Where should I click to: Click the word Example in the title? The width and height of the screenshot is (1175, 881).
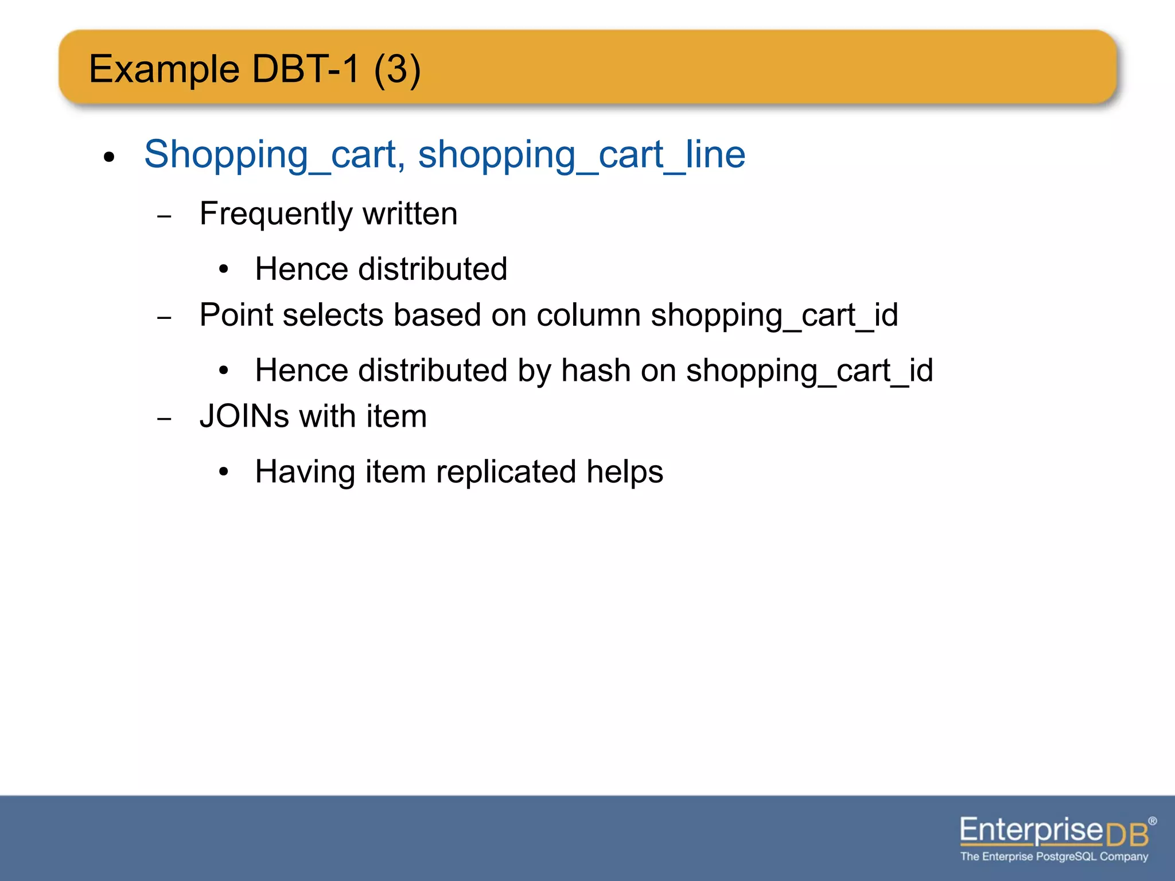click(164, 69)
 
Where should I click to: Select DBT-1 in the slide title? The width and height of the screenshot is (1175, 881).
click(306, 69)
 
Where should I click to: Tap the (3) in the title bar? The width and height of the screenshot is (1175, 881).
click(398, 69)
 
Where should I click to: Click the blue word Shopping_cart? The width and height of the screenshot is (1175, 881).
click(275, 155)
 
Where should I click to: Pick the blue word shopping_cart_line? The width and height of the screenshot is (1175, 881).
click(581, 155)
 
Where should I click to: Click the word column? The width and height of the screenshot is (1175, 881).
click(589, 315)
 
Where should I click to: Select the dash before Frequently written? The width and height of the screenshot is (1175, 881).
click(164, 217)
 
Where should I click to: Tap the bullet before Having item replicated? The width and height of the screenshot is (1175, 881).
click(224, 472)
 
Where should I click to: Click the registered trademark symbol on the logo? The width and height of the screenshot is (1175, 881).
click(1153, 821)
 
